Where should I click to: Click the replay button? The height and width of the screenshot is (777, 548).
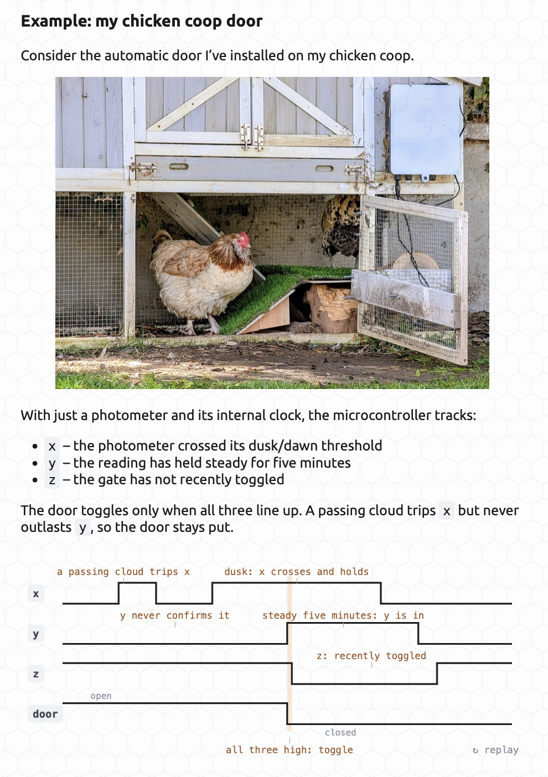[495, 750]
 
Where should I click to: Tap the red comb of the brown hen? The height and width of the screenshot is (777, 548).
[244, 238]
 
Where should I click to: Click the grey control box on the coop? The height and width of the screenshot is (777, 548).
[425, 130]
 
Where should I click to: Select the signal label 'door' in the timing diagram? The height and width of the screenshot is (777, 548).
[45, 714]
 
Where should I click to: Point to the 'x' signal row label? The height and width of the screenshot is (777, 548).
[36, 593]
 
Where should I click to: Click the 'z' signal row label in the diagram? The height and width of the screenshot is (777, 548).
[36, 674]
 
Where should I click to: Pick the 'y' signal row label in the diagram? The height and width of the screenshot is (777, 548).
[36, 634]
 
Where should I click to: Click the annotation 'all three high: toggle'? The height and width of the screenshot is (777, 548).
[289, 750]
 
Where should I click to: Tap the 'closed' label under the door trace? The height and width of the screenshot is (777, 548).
[340, 732]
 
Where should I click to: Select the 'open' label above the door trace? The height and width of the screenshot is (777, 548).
[101, 696]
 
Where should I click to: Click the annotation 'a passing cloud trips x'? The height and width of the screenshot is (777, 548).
[123, 572]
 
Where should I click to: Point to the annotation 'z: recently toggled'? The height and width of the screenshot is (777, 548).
[371, 656]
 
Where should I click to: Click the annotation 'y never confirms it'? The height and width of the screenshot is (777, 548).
[175, 615]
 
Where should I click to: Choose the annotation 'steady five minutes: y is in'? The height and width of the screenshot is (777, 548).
[343, 615]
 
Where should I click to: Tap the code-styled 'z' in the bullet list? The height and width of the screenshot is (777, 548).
[52, 480]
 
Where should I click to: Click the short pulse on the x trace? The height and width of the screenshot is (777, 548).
[137, 583]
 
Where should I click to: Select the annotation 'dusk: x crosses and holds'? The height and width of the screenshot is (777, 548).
[296, 572]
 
